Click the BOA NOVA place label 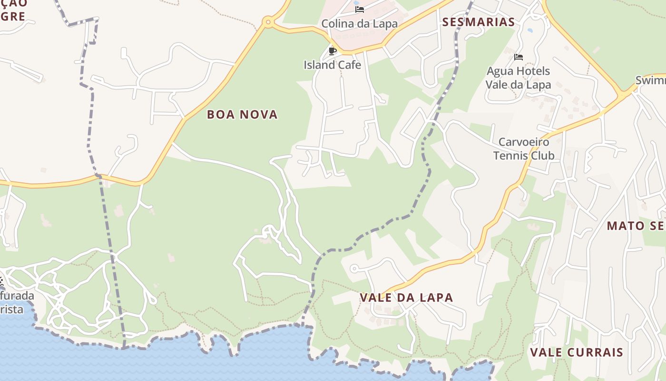point(242,115)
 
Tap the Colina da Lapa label point(359,24)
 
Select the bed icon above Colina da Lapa point(360,9)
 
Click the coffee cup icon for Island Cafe point(333,51)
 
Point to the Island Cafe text point(333,65)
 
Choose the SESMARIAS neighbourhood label point(479,22)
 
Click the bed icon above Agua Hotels point(519,57)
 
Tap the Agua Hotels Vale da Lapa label point(518,78)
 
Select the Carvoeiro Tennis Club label point(524,149)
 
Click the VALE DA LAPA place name point(406,298)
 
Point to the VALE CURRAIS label point(577,352)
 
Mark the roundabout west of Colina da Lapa point(268,21)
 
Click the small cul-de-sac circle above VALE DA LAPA point(353,269)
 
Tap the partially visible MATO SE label point(636,226)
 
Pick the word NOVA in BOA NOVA point(260,115)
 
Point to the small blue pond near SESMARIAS point(530,30)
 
